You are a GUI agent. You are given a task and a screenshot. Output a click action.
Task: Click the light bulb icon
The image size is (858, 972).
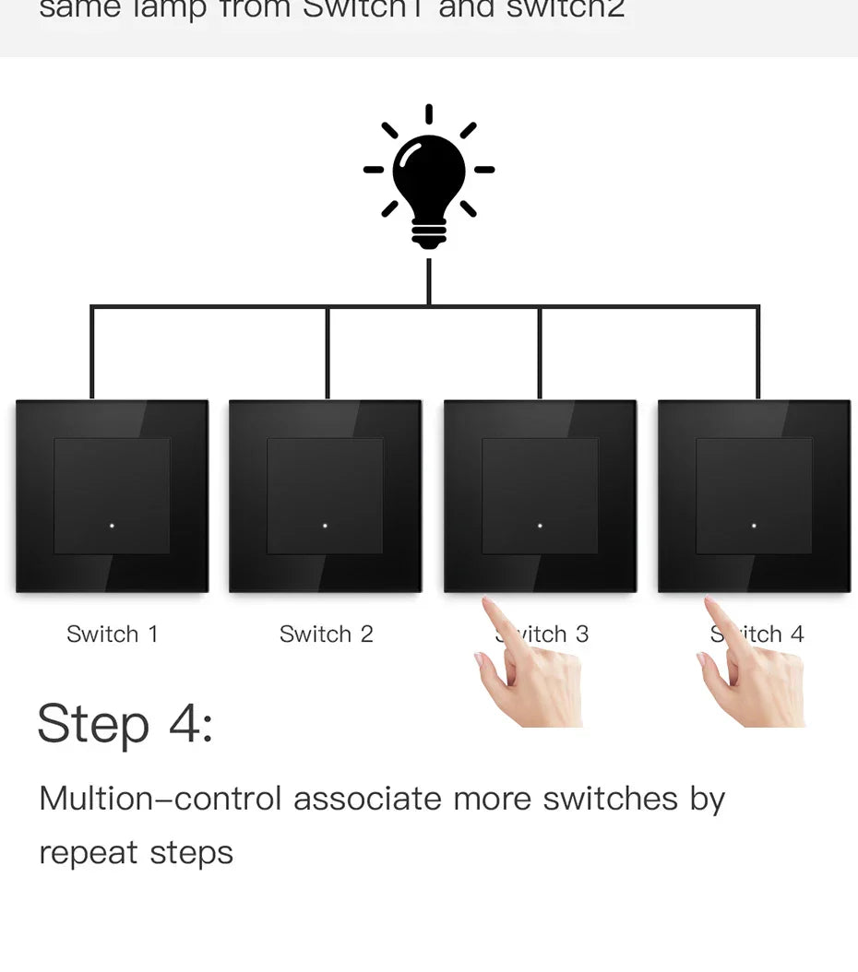(429, 175)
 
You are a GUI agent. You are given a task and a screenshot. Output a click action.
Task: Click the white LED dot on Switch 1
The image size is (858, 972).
(112, 526)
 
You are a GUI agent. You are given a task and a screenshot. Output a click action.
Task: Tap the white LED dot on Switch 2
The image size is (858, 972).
(326, 526)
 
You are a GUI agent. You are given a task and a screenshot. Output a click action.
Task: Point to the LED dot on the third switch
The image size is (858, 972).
(540, 526)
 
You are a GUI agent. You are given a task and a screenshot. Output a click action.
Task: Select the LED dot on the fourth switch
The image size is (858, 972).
(754, 526)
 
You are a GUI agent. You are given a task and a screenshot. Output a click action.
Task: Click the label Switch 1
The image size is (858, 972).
(112, 634)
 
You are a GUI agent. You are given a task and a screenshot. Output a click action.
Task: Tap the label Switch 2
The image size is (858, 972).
(326, 634)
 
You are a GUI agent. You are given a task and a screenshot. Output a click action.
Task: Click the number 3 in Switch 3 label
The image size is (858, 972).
(582, 634)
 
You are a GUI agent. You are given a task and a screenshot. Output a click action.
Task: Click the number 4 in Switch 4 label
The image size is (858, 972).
(796, 634)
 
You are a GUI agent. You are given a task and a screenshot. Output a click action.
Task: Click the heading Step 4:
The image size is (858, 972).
(125, 724)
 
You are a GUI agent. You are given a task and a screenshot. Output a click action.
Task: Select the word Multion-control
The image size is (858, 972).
(159, 799)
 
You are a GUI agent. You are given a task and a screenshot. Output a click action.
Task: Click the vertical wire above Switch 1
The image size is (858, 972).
(91, 355)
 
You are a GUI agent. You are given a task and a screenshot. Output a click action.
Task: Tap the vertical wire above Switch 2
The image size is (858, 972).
(327, 355)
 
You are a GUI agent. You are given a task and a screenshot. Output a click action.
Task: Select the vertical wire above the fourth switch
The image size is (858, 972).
(758, 355)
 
